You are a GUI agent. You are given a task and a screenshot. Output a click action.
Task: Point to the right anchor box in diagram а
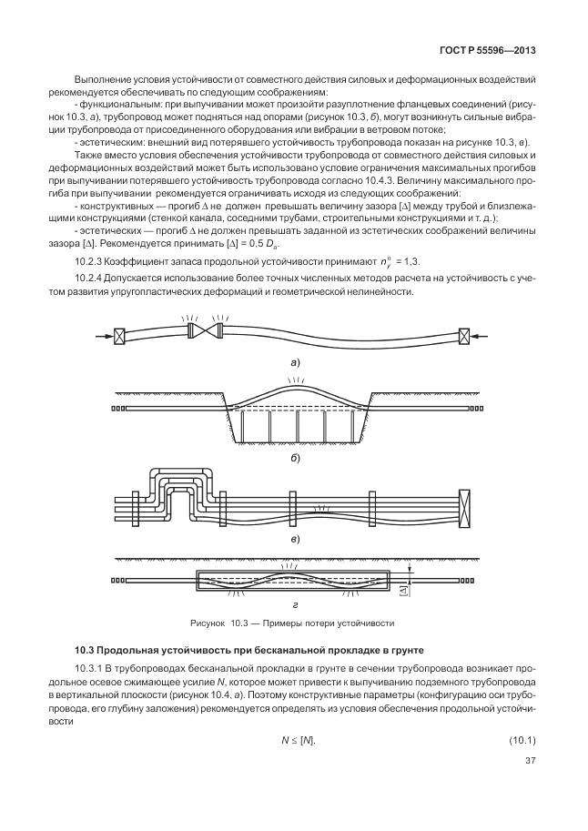pyautogui.click(x=464, y=336)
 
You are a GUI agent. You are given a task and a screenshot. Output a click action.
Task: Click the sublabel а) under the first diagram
pyautogui.click(x=294, y=361)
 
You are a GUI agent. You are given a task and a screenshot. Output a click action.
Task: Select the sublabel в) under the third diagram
pyautogui.click(x=294, y=538)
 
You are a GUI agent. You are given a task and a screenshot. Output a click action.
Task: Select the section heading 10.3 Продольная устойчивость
pyautogui.click(x=217, y=650)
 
